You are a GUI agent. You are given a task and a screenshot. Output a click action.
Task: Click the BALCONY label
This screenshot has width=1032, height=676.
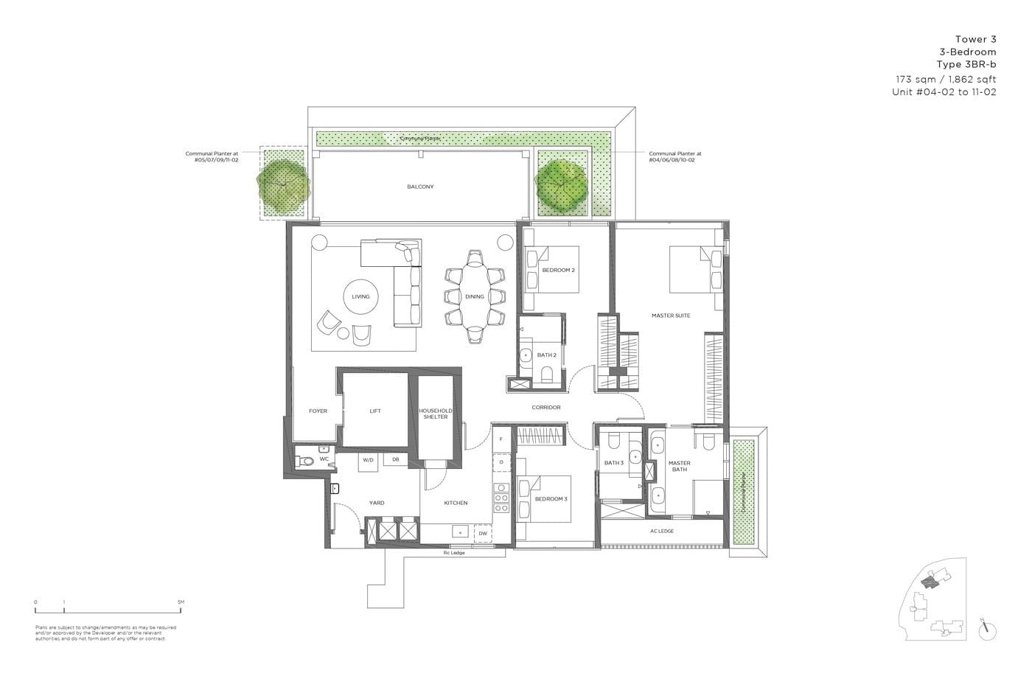420,187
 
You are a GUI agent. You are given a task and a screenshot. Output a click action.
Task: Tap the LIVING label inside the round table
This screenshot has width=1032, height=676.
360,296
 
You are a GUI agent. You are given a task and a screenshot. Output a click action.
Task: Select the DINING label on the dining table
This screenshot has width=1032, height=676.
475,296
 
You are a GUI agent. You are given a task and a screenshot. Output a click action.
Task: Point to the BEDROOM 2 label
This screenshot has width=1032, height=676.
558,270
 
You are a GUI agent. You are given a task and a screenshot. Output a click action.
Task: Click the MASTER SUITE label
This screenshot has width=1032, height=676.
671,316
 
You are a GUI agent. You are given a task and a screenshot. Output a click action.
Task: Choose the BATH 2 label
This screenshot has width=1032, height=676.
546,355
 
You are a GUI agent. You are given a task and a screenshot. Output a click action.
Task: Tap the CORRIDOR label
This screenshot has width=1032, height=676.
546,407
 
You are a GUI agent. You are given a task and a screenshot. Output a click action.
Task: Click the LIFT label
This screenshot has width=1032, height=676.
375,411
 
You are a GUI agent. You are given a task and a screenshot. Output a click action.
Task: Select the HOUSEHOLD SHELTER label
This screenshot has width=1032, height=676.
436,414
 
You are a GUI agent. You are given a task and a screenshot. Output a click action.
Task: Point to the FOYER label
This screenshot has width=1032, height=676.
318,411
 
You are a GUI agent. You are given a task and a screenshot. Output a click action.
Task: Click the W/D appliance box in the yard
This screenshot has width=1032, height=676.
369,460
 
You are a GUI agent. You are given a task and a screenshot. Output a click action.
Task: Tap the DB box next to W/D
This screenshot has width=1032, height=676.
395,460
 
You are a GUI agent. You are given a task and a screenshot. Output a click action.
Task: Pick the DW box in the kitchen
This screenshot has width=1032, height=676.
483,533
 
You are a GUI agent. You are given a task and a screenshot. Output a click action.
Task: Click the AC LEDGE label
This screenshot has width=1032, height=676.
661,531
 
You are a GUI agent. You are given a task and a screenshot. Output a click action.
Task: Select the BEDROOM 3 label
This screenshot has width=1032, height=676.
551,499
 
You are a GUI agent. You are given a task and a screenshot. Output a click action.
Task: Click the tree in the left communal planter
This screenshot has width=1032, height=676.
280,183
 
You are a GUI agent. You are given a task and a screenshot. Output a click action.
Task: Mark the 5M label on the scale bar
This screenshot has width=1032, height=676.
181,602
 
